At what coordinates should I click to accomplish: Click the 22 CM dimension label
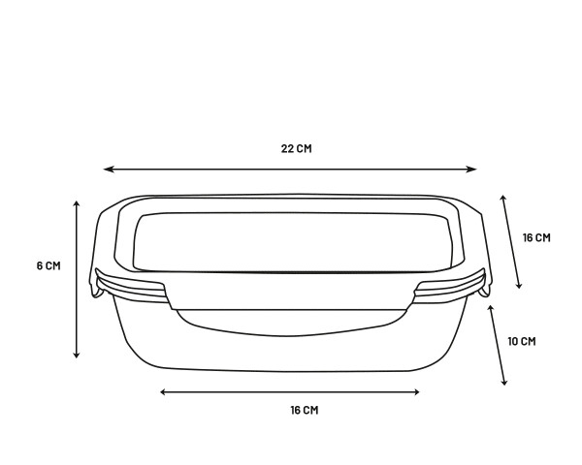click(296, 148)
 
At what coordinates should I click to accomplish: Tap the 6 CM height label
click(48, 265)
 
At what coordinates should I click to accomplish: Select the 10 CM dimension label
click(522, 342)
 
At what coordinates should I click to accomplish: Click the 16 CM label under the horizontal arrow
click(305, 410)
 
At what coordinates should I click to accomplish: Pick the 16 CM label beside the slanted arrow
click(536, 237)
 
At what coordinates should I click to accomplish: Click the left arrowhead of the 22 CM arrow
click(108, 170)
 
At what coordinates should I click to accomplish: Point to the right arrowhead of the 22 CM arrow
click(471, 170)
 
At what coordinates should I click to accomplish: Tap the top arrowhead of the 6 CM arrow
click(77, 204)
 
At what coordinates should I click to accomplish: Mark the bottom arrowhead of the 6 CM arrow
click(77, 354)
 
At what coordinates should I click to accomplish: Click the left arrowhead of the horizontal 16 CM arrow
click(164, 392)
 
